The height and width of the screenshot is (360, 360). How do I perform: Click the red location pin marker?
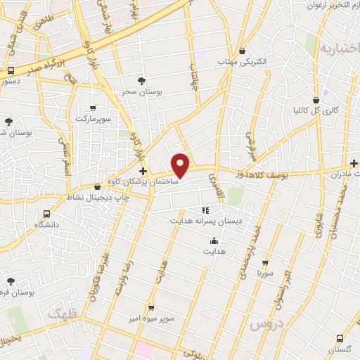pos(181,165)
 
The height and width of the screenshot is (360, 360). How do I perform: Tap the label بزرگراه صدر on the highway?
pos(43,61)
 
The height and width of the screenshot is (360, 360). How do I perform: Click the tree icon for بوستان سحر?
pos(141,82)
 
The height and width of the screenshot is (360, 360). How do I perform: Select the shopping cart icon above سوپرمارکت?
pos(93,108)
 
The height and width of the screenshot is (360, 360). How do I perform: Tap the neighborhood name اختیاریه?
pos(339,49)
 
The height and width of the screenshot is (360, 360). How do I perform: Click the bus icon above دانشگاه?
pos(47,214)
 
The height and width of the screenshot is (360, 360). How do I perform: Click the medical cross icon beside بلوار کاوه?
pos(143,171)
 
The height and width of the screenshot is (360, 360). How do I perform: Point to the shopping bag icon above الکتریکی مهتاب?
pos(243,51)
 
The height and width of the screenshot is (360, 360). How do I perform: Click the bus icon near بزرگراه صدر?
pos(11,71)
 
